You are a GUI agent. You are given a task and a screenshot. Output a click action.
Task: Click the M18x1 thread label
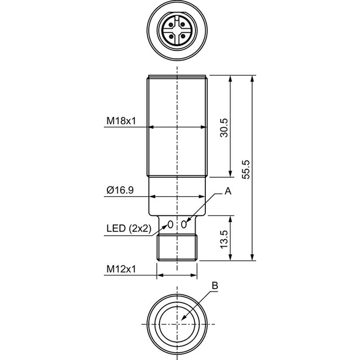(121, 121)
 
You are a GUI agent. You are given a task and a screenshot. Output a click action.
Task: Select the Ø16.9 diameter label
(120, 190)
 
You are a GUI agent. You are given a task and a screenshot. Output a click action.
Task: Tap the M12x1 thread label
(121, 269)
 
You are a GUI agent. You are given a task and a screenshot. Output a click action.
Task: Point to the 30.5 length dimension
(224, 128)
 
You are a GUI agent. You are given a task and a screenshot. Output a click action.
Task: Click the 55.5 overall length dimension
(245, 170)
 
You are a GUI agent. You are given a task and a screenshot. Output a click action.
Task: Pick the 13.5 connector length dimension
(224, 239)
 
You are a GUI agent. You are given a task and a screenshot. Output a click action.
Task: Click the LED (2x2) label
(129, 229)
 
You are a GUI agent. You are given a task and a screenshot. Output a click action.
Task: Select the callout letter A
(228, 191)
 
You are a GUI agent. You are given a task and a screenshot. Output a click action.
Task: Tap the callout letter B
(215, 286)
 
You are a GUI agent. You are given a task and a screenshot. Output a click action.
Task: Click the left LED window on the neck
(170, 224)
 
